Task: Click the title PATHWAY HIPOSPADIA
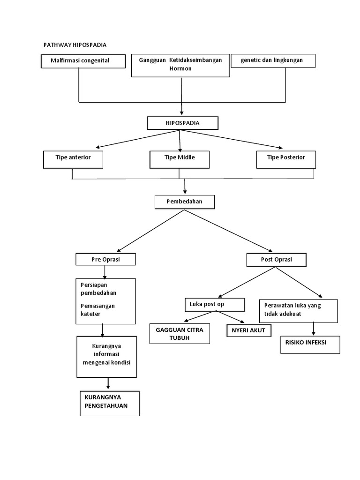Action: coord(75,45)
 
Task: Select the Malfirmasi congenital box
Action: coord(83,61)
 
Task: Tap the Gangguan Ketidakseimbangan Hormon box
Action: coord(180,65)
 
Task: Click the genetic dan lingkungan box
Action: coord(273,60)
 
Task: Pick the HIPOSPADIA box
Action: coord(182,123)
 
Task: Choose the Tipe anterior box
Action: coord(73,159)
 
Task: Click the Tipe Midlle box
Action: coord(180,159)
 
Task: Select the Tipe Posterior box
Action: coord(286,159)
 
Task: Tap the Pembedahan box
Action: coord(185,202)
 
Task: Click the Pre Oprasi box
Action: coord(105,259)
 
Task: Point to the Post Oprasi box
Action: coord(277,259)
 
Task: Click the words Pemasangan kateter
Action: coord(97,309)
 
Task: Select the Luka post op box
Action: coord(214,305)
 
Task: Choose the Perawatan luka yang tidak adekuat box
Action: coord(298,310)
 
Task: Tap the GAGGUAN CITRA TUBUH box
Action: coord(180,334)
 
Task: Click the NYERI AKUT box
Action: coord(248,330)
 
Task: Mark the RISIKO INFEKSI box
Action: coord(309,344)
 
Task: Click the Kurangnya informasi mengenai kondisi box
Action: coord(107,356)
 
